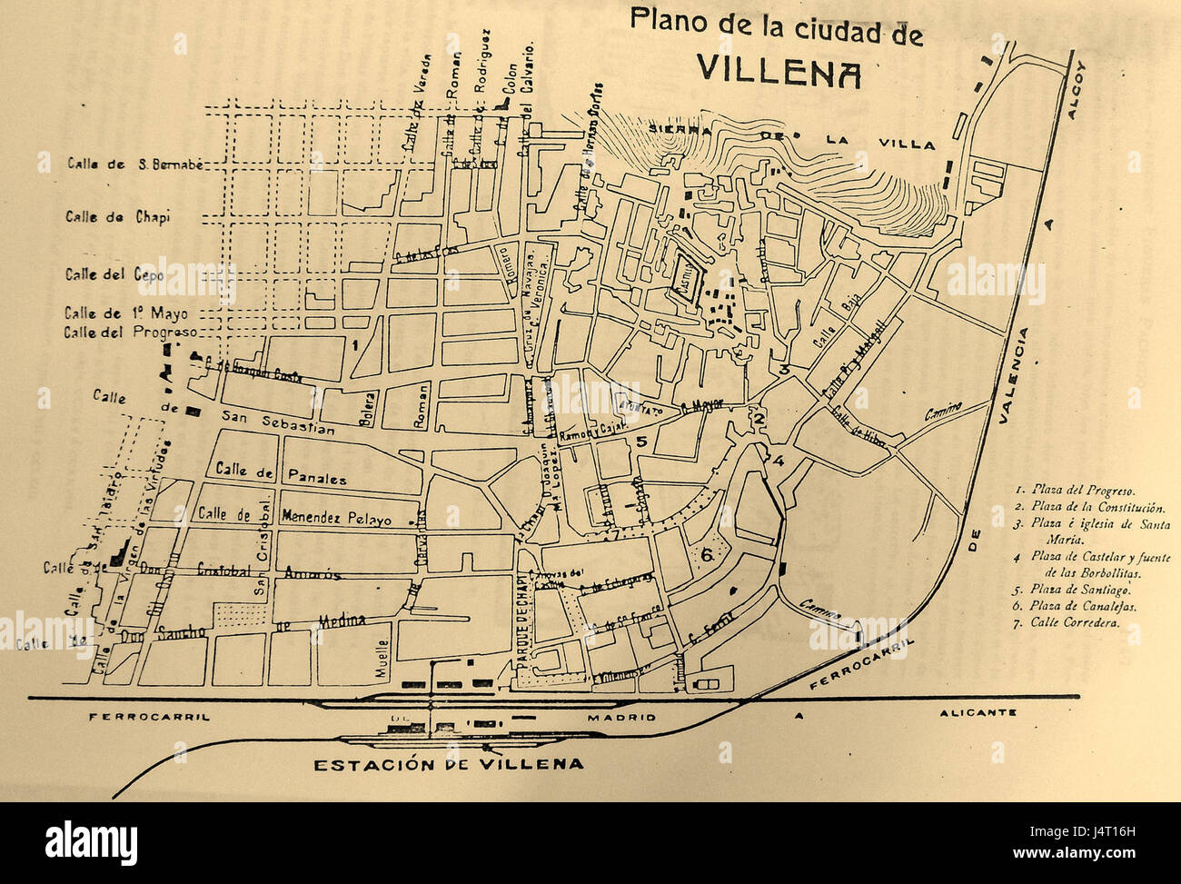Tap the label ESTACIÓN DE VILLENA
448,764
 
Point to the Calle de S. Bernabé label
132,164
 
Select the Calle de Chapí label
118,217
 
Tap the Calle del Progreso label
130,332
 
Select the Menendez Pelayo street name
338,519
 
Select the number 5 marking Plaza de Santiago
640,442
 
